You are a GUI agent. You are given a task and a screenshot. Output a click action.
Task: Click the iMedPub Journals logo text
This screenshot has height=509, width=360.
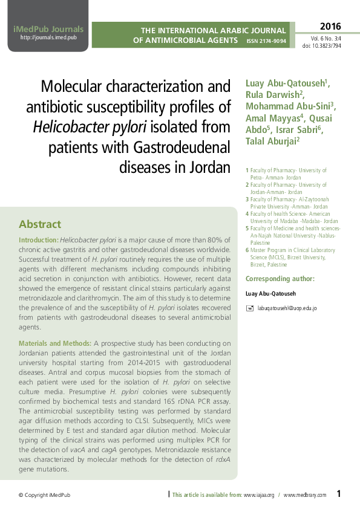48,28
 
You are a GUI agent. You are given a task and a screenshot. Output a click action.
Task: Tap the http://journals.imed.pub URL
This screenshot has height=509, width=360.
48,37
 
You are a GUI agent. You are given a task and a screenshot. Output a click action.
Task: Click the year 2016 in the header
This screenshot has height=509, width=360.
330,27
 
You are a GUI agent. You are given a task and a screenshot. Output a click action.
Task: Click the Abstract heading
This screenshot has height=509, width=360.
40,224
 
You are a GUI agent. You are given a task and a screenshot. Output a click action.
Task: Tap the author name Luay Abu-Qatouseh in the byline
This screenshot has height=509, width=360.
287,83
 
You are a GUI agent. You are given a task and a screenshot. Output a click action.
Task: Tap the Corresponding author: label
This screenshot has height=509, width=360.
280,279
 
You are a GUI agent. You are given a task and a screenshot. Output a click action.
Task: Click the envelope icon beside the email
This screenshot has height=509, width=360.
250,308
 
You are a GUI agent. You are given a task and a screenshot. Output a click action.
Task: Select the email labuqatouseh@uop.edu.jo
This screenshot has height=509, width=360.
287,308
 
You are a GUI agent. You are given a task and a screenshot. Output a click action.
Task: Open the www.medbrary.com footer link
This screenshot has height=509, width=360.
304,495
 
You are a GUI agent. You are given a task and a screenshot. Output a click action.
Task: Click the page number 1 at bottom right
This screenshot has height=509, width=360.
339,494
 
